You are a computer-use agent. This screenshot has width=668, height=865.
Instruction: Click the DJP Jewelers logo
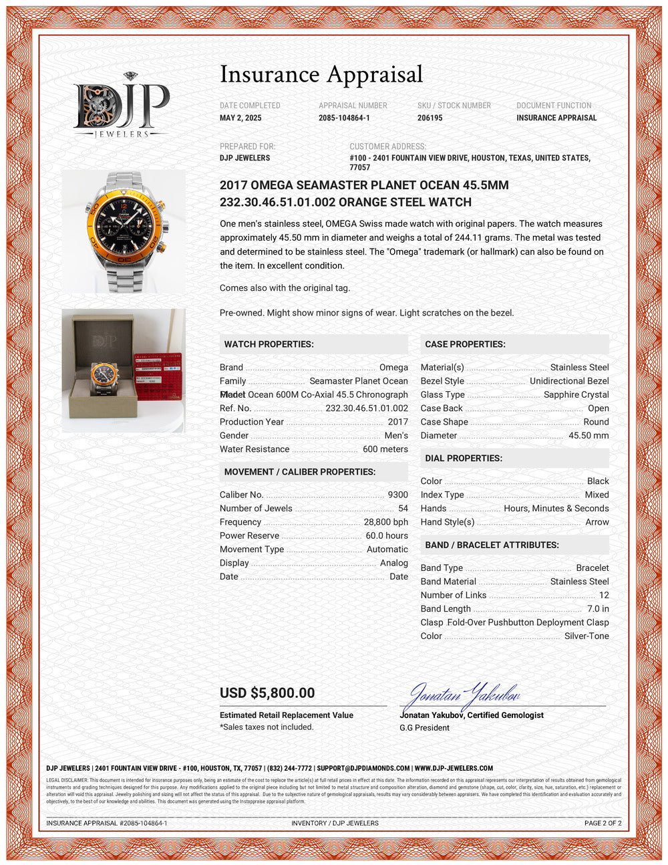(x=121, y=106)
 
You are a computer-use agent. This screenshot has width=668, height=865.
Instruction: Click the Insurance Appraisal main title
(x=321, y=74)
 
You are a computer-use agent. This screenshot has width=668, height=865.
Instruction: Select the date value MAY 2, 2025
(x=240, y=118)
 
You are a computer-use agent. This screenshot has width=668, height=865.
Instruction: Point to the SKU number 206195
(x=431, y=118)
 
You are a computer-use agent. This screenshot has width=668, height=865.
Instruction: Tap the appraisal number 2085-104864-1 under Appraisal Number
(x=344, y=118)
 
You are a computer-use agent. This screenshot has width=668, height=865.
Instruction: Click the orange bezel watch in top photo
(x=124, y=231)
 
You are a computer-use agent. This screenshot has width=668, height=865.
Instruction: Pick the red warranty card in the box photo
(x=158, y=375)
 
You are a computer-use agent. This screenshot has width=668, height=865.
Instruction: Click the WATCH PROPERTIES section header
(x=269, y=344)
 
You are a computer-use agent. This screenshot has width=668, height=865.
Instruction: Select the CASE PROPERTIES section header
(x=465, y=344)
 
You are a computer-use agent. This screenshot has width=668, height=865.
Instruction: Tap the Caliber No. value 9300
(x=397, y=495)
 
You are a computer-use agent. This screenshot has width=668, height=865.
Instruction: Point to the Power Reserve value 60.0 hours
(x=386, y=535)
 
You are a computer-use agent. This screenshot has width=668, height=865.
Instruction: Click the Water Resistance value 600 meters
(x=385, y=449)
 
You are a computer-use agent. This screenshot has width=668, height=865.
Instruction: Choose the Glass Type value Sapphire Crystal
(x=576, y=394)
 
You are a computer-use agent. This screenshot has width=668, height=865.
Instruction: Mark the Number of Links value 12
(x=604, y=595)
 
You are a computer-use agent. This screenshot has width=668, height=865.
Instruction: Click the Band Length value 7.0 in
(x=598, y=608)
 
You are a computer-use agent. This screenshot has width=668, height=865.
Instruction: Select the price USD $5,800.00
(x=267, y=693)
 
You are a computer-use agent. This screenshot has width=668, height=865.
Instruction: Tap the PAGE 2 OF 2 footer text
(x=603, y=823)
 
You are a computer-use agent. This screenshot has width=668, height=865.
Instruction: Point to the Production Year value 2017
(x=397, y=422)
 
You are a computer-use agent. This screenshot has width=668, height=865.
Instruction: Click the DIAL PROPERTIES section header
(x=464, y=458)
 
